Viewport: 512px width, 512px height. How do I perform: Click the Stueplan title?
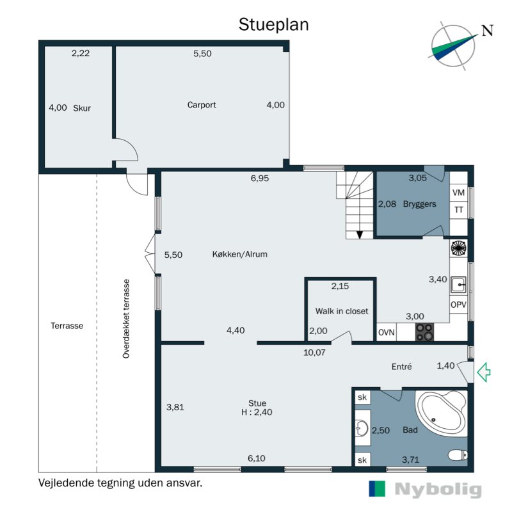tap(274, 25)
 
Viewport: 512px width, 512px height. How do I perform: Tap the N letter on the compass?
tap(488, 30)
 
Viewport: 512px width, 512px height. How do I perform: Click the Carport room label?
tap(202, 105)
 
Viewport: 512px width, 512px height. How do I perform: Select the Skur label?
tap(82, 108)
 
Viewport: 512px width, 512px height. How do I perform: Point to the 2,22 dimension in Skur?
tap(81, 53)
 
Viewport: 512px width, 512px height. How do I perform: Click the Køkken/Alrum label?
tap(239, 254)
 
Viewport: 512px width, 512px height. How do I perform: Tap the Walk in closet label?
tap(342, 311)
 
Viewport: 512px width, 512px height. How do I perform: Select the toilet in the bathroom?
tap(458, 455)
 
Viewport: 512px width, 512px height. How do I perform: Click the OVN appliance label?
tap(387, 332)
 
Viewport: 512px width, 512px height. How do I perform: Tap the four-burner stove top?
tap(424, 332)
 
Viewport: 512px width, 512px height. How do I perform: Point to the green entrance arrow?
tap(484, 372)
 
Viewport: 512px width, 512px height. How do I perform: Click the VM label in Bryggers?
tap(458, 193)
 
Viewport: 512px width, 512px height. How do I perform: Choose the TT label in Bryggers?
tap(459, 210)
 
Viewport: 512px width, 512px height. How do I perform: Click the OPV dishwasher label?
tap(458, 305)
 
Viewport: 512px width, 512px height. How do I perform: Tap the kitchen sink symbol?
tap(458, 285)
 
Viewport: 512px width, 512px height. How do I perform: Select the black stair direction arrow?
tap(360, 234)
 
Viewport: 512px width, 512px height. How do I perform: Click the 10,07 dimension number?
tap(314, 353)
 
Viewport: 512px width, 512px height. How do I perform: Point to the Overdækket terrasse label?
tap(126, 319)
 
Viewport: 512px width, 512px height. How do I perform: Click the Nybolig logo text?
tap(438, 490)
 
